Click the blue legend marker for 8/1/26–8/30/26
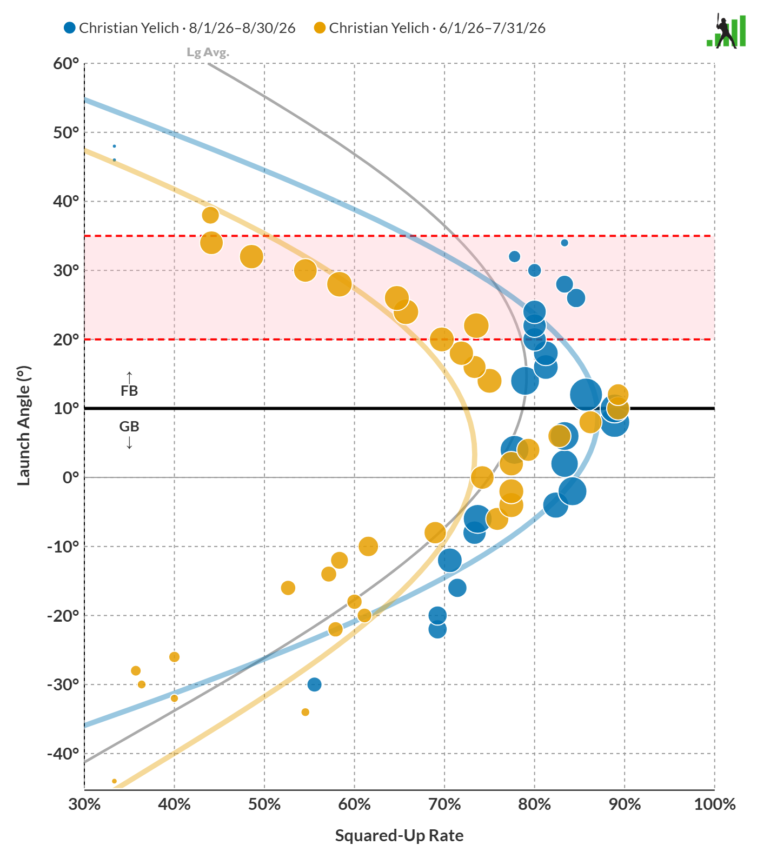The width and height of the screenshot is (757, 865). (70, 28)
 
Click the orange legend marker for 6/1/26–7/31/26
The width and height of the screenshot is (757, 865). (320, 28)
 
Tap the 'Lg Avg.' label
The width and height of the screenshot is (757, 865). (208, 52)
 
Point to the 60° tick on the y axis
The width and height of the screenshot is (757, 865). (67, 64)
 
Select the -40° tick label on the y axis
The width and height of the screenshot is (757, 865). (63, 754)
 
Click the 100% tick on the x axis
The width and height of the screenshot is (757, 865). (715, 804)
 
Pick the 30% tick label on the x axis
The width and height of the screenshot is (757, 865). (84, 804)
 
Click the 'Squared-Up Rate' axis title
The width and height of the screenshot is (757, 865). (400, 836)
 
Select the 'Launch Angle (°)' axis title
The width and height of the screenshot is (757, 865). (24, 426)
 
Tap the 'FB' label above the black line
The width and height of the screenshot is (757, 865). (129, 391)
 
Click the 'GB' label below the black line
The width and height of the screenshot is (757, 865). (129, 427)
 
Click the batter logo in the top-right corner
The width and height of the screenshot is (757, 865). (726, 31)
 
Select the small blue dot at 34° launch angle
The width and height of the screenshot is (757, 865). (565, 243)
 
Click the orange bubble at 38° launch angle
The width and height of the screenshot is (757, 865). (210, 215)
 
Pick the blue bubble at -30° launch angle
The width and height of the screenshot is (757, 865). (314, 684)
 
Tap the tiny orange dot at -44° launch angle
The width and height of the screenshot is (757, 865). (114, 781)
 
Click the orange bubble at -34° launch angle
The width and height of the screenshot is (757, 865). (306, 712)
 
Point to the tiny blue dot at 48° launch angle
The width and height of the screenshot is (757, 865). (114, 146)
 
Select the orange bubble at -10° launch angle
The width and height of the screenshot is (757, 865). (368, 547)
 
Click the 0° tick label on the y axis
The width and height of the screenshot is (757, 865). (71, 478)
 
